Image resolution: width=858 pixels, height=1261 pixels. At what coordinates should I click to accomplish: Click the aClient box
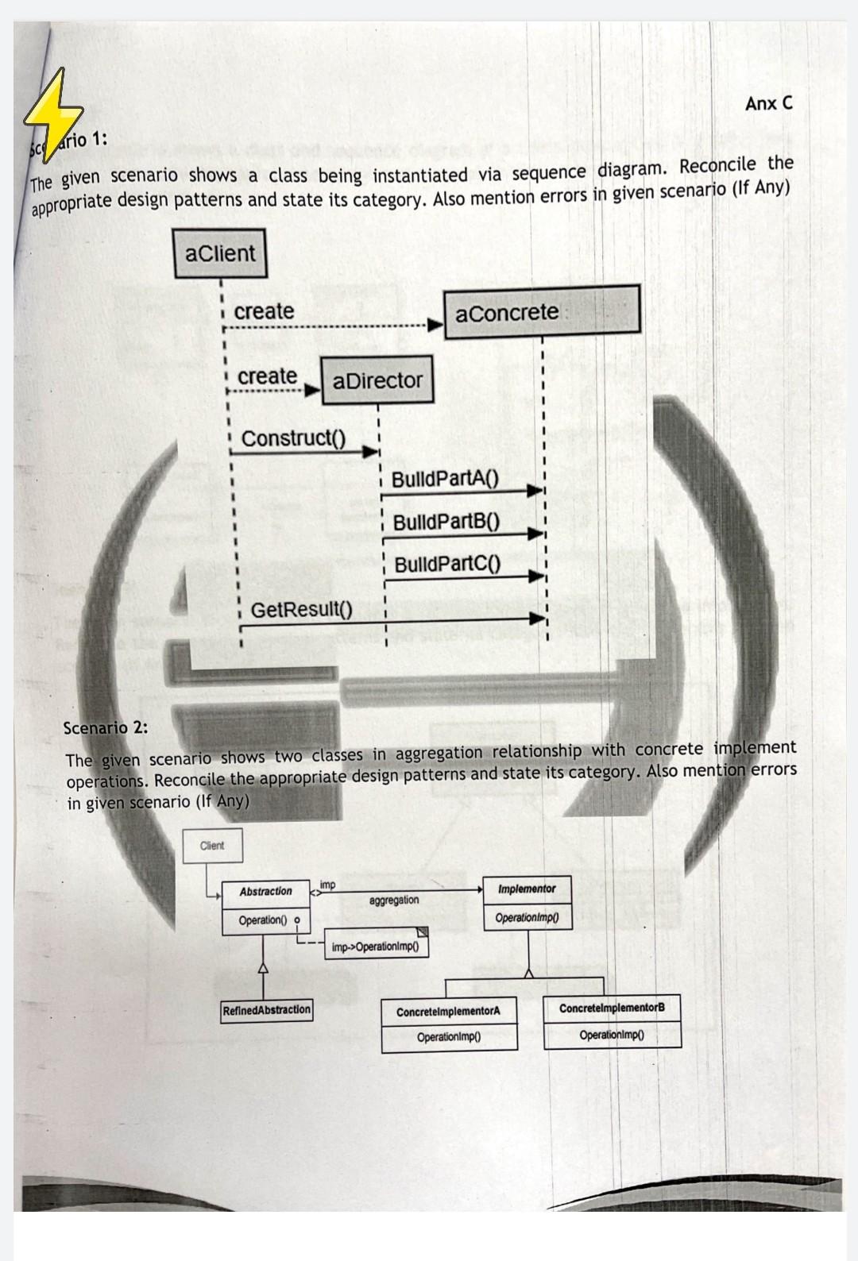pyautogui.click(x=220, y=253)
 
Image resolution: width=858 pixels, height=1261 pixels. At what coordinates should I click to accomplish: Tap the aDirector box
pyautogui.click(x=377, y=380)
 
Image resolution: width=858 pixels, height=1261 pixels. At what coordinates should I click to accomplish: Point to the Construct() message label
pyautogui.click(x=293, y=438)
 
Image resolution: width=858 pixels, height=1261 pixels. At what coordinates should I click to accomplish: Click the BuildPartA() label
pyautogui.click(x=445, y=479)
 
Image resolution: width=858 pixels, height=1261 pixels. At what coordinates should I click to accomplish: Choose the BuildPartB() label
pyautogui.click(x=446, y=522)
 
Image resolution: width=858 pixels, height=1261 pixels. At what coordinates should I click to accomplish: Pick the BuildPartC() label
pyautogui.click(x=447, y=565)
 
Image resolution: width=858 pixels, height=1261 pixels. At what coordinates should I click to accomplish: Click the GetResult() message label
pyautogui.click(x=301, y=610)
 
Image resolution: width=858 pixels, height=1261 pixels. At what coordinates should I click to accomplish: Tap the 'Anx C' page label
pyautogui.click(x=768, y=103)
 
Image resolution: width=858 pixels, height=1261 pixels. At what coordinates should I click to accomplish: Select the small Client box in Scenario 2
pyautogui.click(x=212, y=846)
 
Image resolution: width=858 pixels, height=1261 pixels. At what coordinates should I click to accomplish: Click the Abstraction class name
pyautogui.click(x=265, y=892)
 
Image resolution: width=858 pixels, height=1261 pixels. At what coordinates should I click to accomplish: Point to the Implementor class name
pyautogui.click(x=527, y=889)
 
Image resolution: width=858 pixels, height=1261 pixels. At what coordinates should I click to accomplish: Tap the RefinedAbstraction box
pyautogui.click(x=267, y=1010)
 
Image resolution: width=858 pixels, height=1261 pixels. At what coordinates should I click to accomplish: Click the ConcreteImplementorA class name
pyautogui.click(x=448, y=1012)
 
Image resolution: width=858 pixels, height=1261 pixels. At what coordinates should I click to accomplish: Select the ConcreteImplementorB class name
pyautogui.click(x=612, y=1008)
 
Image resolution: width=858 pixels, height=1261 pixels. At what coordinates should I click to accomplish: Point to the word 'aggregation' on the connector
pyautogui.click(x=394, y=900)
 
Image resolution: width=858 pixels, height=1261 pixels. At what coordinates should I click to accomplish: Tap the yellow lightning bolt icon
pyautogui.click(x=52, y=115)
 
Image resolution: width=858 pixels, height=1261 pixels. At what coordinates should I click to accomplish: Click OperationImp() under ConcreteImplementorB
pyautogui.click(x=612, y=1035)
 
